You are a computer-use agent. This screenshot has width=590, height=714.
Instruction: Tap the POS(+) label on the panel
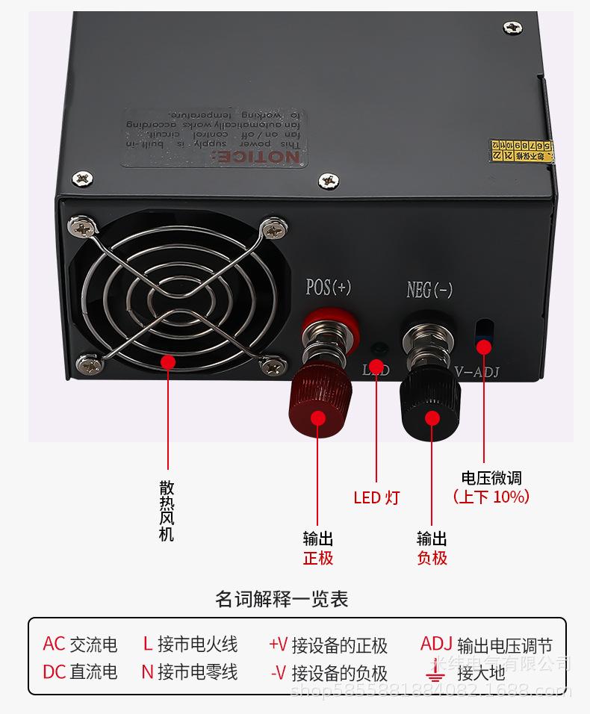(329, 288)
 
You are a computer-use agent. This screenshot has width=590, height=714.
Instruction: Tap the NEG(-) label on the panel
(429, 290)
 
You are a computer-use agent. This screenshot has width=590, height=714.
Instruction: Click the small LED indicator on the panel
(380, 349)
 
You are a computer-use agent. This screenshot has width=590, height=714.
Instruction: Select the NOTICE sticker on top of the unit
(214, 137)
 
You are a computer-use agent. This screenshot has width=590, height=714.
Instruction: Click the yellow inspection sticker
(523, 149)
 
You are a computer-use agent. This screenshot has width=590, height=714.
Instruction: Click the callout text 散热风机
(167, 511)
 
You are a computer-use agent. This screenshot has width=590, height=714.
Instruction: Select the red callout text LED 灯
(376, 497)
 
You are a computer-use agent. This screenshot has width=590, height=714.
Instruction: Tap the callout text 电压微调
(491, 478)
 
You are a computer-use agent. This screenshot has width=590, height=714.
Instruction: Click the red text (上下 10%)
(491, 497)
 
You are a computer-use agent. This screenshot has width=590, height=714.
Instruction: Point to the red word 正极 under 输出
(318, 558)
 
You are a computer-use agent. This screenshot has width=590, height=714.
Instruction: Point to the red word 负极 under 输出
(432, 558)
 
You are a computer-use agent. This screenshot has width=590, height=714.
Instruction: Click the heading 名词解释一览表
(282, 599)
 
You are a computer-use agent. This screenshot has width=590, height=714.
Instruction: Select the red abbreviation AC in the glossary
(54, 644)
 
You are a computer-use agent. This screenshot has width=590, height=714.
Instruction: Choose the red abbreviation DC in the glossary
(55, 671)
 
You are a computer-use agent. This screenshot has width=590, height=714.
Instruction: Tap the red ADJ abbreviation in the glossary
(436, 644)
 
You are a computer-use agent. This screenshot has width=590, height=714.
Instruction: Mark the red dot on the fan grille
(168, 363)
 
